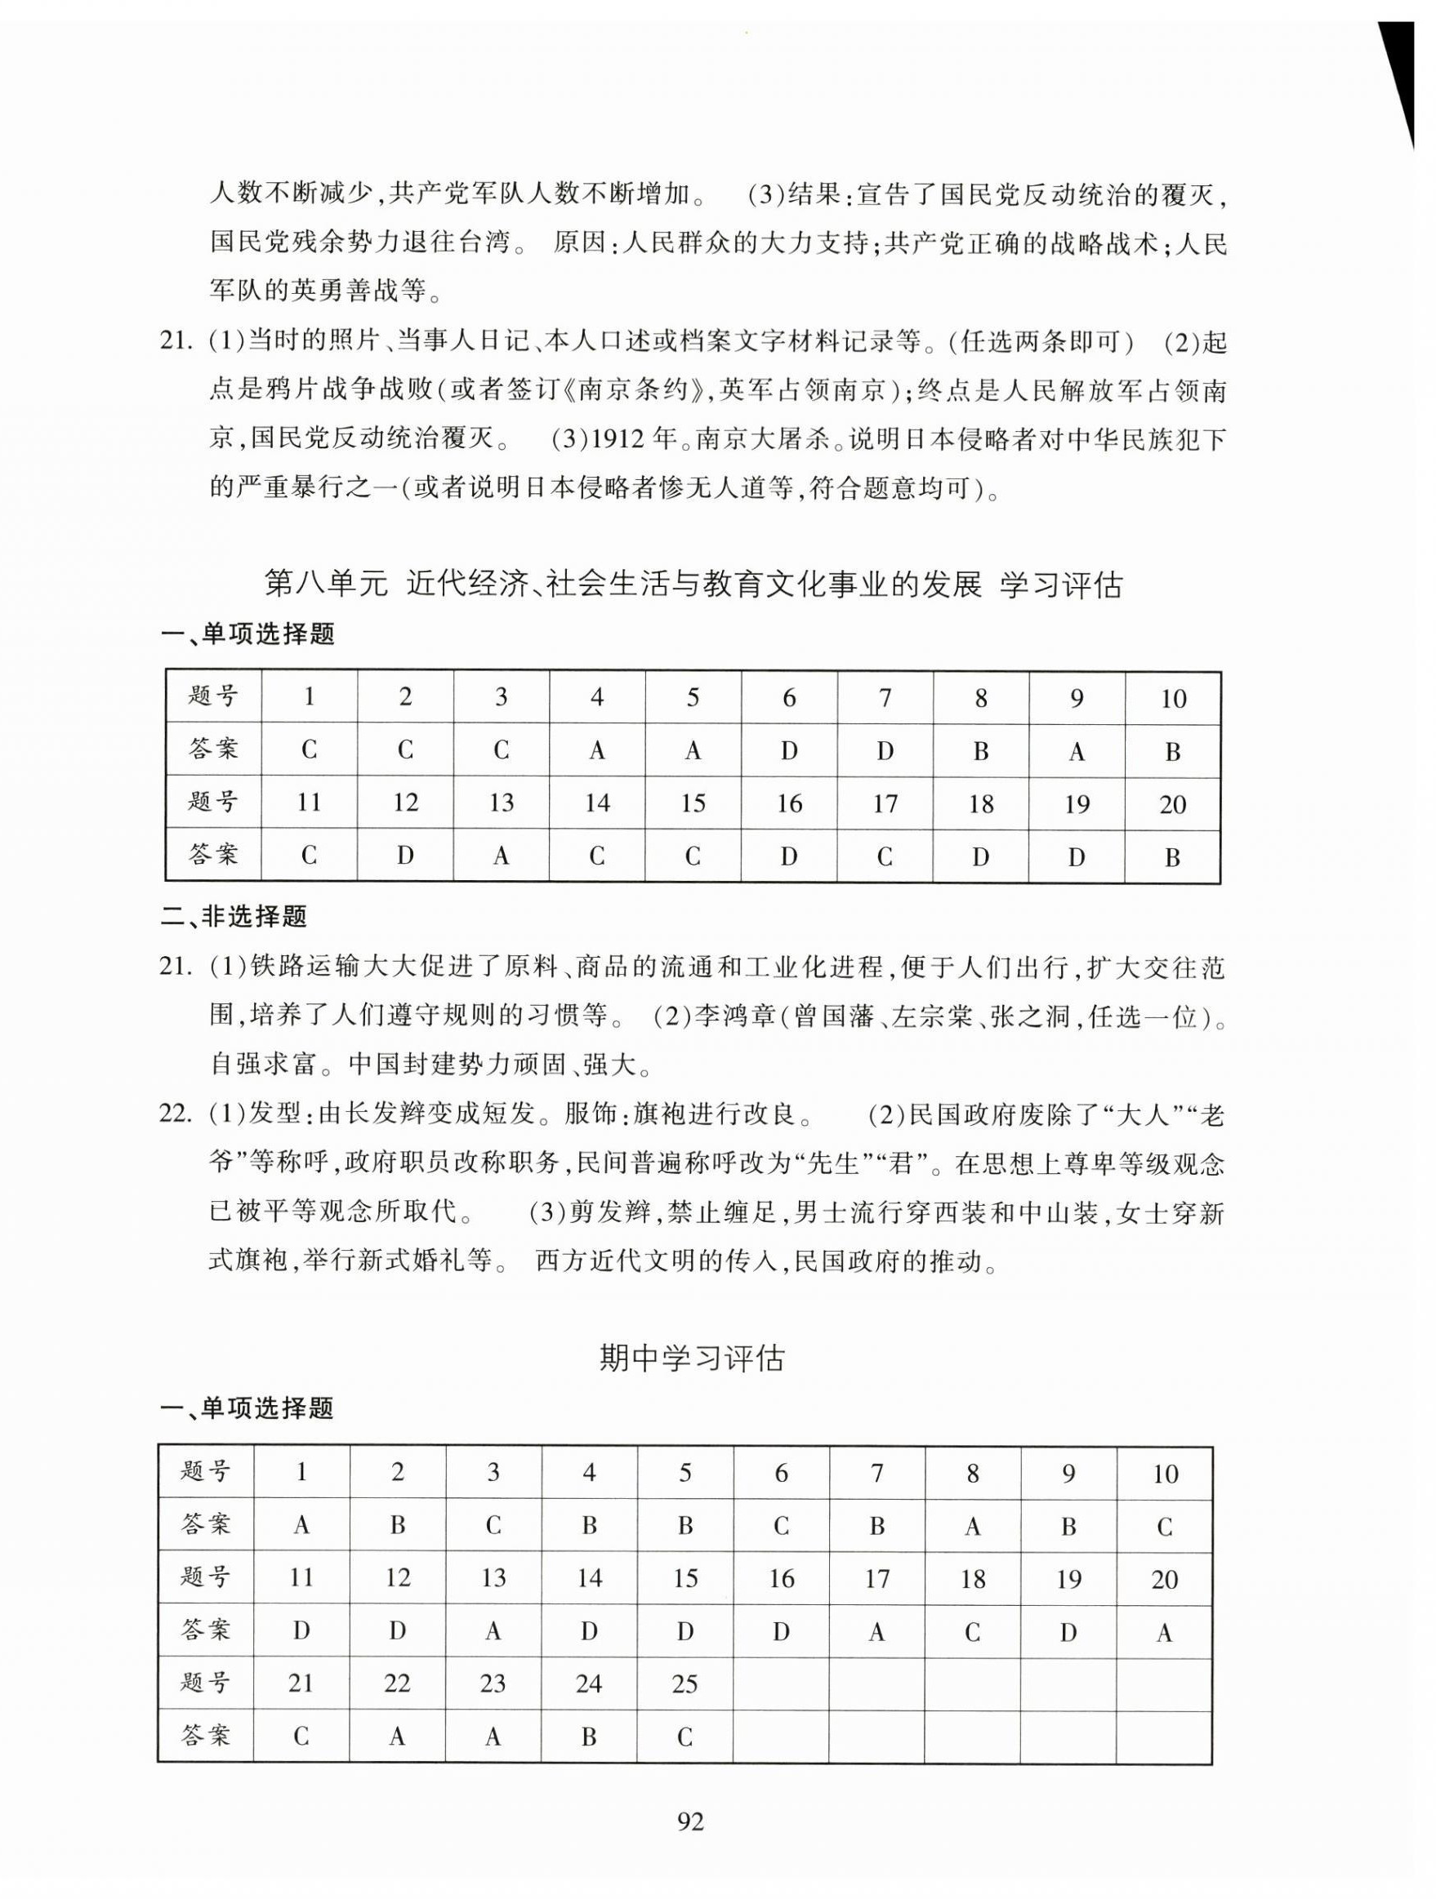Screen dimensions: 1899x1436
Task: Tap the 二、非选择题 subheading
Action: point(234,917)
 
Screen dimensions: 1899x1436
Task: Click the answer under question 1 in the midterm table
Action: point(301,1525)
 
